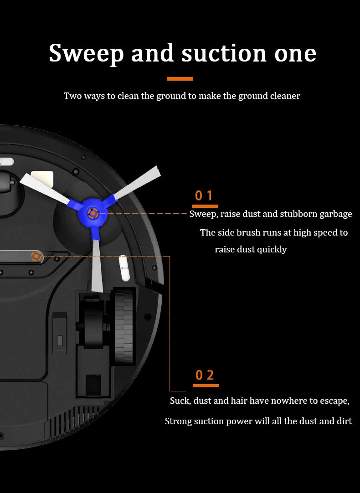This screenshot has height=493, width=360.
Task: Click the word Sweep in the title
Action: tap(86, 53)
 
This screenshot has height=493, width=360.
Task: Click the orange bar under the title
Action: tap(180, 79)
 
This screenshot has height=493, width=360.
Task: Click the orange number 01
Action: tap(204, 195)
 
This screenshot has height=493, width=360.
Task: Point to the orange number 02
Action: tap(205, 375)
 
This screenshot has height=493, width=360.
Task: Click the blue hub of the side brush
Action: tap(93, 213)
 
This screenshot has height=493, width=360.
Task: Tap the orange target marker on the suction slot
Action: tap(36, 257)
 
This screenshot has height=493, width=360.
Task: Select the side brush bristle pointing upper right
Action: tap(137, 183)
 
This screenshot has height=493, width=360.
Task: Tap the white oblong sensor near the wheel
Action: tap(124, 268)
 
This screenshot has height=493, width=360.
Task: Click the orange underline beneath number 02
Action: tap(206, 385)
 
